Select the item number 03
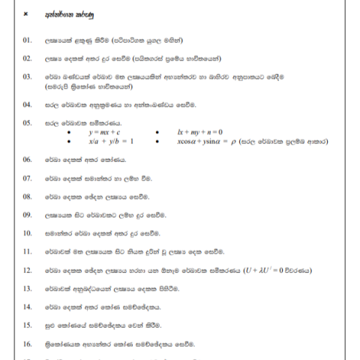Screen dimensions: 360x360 click(28, 76)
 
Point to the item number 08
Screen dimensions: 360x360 click(28, 196)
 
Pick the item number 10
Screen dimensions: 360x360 click(28, 233)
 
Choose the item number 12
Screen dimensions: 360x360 click(28, 270)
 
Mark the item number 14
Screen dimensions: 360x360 click(28, 307)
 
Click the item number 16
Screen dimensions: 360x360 click(28, 343)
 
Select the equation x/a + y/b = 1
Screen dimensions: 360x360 click(110, 140)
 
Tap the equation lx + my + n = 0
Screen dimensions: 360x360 click(197, 132)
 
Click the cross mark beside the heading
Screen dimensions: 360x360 click(26, 14)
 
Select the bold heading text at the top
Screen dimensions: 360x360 click(64, 14)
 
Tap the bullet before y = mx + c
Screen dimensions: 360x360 click(69, 133)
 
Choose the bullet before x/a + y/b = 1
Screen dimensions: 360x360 click(69, 141)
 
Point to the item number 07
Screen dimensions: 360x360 click(28, 178)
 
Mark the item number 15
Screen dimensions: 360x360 click(28, 325)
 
